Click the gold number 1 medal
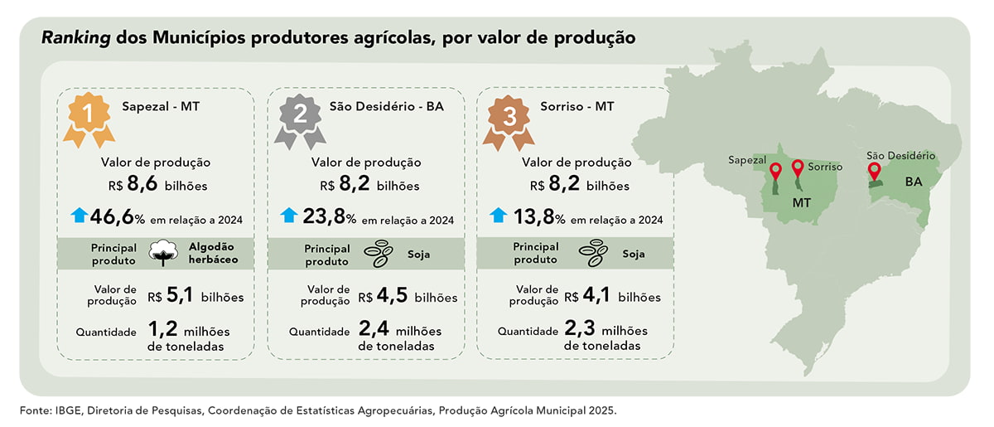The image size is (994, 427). point(89,119)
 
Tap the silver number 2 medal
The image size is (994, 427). point(300,121)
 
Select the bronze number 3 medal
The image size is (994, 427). point(509,122)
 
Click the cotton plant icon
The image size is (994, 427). point(163,253)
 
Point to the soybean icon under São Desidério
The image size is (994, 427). point(378,254)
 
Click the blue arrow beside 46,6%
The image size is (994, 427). point(80,215)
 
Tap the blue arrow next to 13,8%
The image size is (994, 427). point(499,215)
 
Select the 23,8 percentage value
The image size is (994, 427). point(324,216)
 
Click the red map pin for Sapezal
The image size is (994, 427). point(775,172)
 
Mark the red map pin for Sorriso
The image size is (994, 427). point(798,169)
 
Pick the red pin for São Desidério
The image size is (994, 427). point(874,172)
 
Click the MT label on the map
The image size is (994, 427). point(802,202)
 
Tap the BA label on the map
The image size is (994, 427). point(914,182)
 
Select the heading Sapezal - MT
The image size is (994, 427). point(161,107)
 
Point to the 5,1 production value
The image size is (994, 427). point(180,295)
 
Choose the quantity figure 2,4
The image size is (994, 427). point(374,329)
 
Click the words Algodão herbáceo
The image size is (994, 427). point(214,253)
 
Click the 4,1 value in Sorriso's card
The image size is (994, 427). point(596,295)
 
